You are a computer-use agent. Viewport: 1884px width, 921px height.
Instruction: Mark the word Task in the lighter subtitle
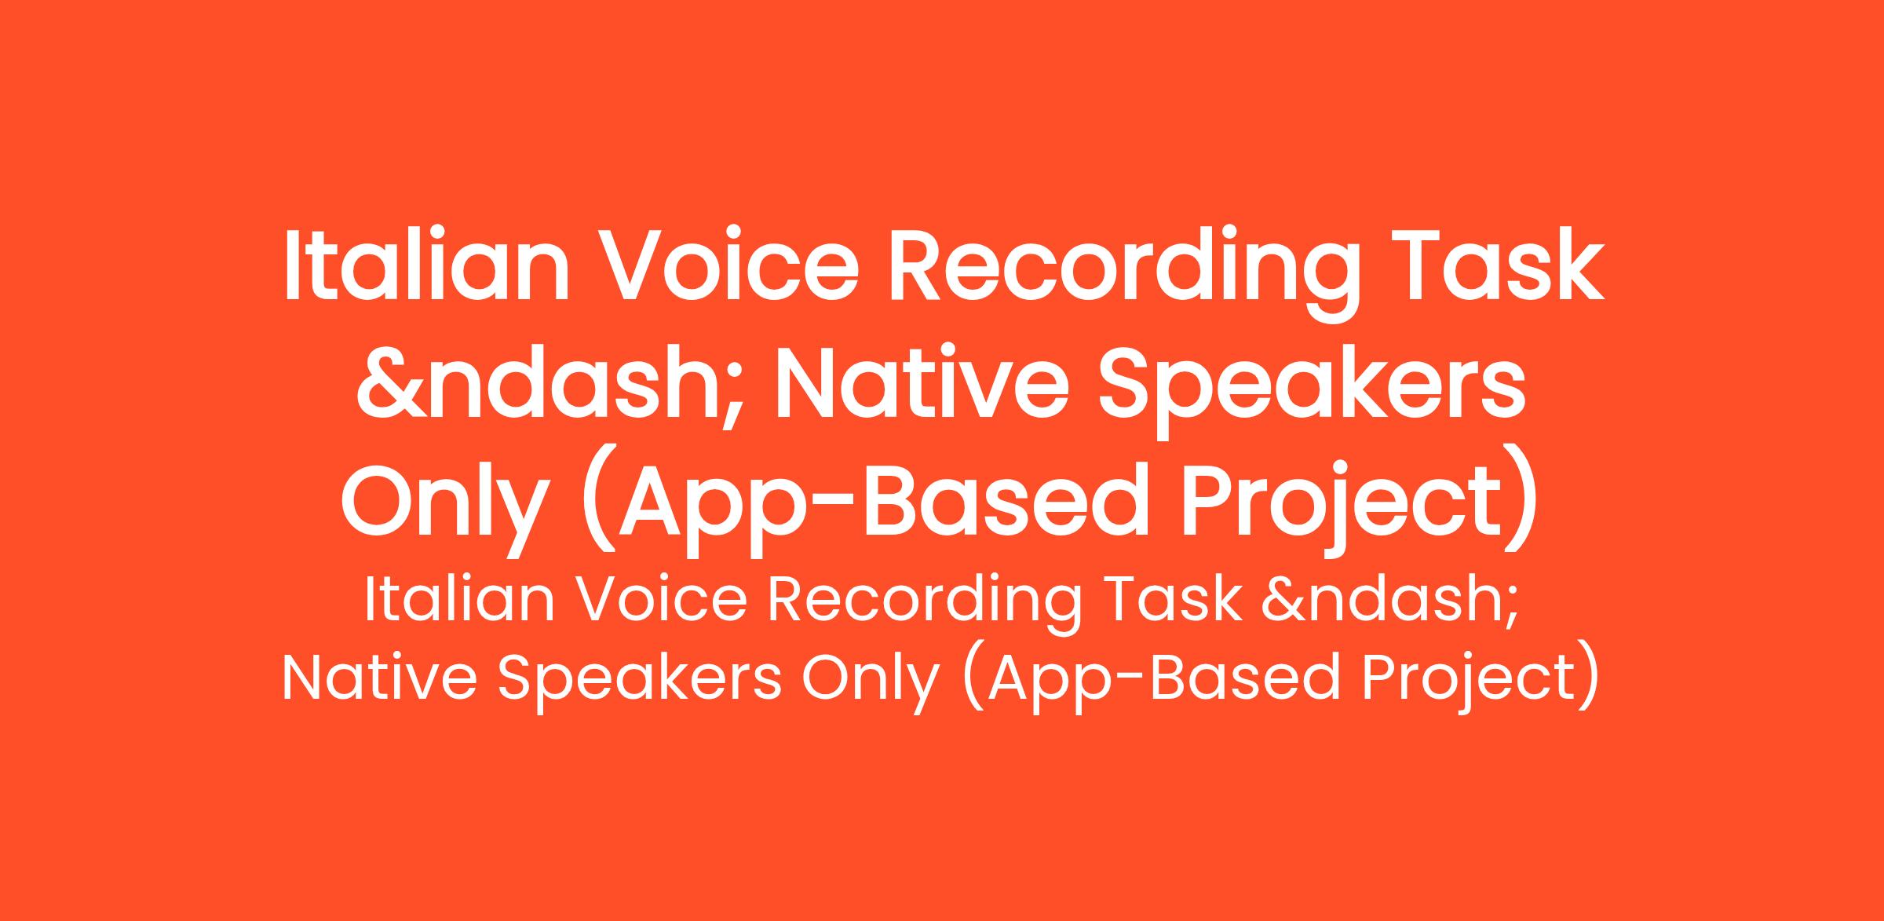click(1174, 600)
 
